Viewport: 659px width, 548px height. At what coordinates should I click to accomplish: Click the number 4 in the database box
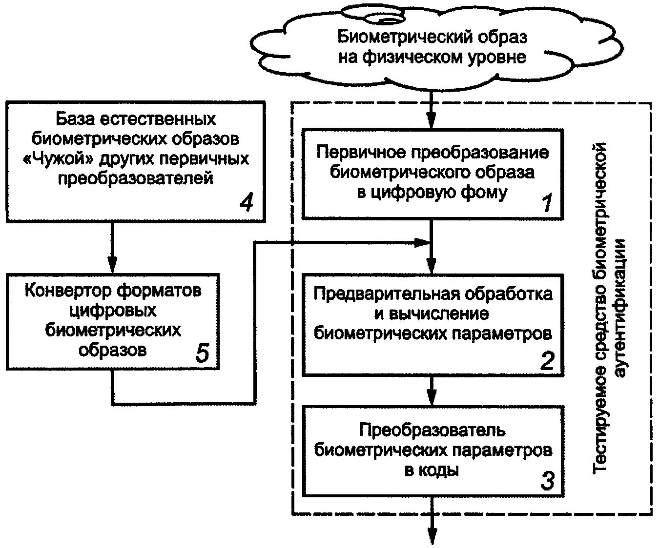[246, 202]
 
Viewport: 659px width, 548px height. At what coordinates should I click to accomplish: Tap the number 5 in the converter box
[202, 353]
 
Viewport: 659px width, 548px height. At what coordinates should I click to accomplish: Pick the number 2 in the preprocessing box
[548, 360]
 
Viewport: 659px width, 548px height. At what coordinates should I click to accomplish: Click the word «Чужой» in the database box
[58, 159]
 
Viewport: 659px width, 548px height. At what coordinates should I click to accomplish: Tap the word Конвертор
[68, 291]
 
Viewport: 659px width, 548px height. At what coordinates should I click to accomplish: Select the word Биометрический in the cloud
[404, 38]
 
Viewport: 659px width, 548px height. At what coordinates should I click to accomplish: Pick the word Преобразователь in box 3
[432, 431]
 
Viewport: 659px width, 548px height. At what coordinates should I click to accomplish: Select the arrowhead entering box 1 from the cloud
[431, 120]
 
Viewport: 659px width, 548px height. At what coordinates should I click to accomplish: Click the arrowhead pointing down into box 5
[112, 265]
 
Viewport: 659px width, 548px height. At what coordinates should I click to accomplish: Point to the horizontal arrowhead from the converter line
[422, 242]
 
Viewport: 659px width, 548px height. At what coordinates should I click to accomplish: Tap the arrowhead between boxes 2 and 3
[432, 397]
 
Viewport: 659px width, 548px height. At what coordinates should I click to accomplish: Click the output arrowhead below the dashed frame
[432, 536]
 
